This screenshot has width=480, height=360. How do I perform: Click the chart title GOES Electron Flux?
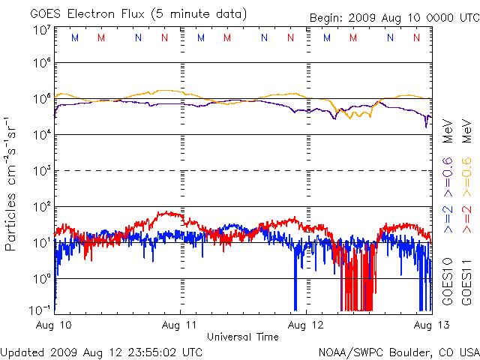tap(138, 13)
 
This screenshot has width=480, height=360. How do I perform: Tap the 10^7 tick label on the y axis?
tap(41, 30)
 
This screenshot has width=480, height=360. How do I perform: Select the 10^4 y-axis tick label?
tap(41, 134)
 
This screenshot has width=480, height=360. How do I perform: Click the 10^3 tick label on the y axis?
tap(41, 170)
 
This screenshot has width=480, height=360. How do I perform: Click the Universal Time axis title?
tap(243, 337)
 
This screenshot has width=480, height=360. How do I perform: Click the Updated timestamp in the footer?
tap(101, 351)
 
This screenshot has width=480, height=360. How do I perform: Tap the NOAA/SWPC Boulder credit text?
tap(398, 351)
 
